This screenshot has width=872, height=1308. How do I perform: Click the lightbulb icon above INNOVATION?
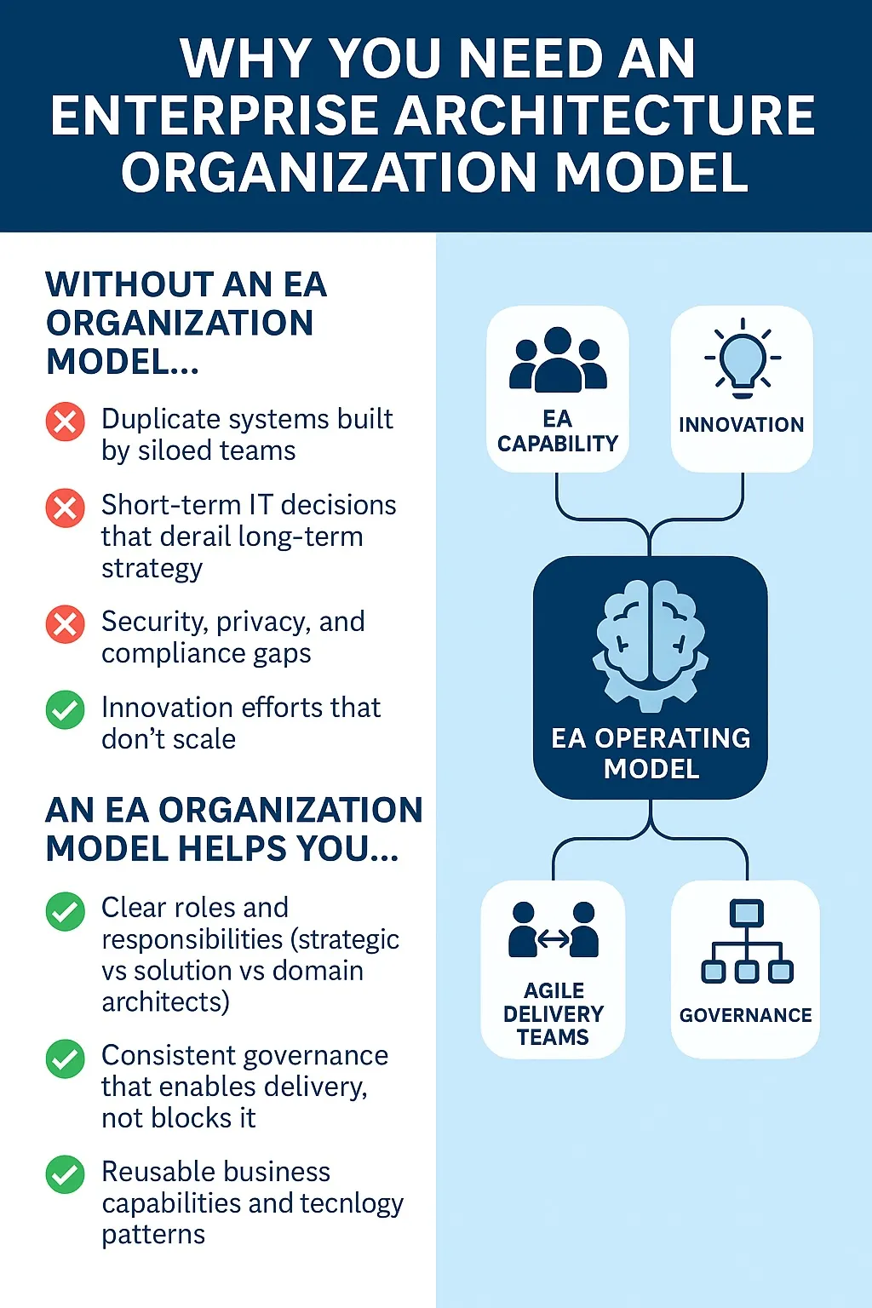click(x=743, y=360)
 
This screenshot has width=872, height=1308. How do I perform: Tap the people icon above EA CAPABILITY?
click(x=558, y=359)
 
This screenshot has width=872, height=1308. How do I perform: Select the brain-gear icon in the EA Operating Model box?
click(x=651, y=644)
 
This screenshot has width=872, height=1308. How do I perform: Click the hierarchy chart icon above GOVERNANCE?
click(x=747, y=942)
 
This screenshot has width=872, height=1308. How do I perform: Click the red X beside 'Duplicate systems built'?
click(x=66, y=422)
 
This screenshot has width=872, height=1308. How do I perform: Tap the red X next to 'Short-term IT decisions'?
click(x=66, y=508)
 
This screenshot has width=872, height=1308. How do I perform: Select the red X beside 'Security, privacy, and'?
click(x=66, y=624)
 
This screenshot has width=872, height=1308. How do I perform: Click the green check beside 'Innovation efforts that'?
click(x=66, y=710)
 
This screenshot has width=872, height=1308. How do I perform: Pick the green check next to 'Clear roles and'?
click(x=66, y=911)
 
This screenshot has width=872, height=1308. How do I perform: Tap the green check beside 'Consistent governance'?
click(x=66, y=1058)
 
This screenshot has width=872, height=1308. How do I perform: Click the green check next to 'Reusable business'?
click(x=66, y=1175)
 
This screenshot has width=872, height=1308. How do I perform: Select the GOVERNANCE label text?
click(x=745, y=1015)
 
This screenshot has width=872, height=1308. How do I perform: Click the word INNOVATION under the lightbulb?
click(x=741, y=424)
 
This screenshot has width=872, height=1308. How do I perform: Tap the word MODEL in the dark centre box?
click(x=651, y=769)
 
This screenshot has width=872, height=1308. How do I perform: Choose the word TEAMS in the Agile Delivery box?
click(x=553, y=1037)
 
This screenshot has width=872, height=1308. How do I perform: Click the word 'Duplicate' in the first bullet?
click(x=161, y=419)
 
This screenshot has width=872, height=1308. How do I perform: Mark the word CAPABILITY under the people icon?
click(x=558, y=444)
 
